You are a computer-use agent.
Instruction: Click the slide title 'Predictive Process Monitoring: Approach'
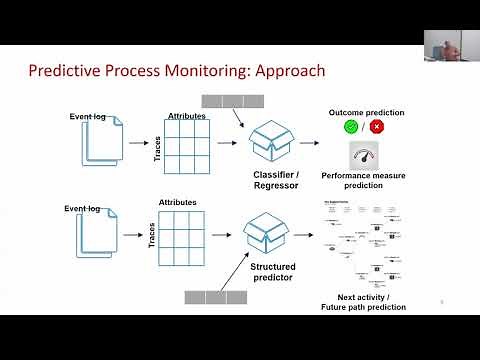(x=176, y=71)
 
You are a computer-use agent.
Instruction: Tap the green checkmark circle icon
(x=351, y=127)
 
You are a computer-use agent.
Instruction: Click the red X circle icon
(x=377, y=127)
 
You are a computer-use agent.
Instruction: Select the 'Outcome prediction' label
(x=363, y=112)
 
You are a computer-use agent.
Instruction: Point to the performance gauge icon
(x=364, y=156)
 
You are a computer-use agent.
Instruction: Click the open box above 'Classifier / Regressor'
(x=272, y=141)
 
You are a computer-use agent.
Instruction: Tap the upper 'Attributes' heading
(x=188, y=116)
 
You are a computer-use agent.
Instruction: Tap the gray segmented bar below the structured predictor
(x=215, y=296)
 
